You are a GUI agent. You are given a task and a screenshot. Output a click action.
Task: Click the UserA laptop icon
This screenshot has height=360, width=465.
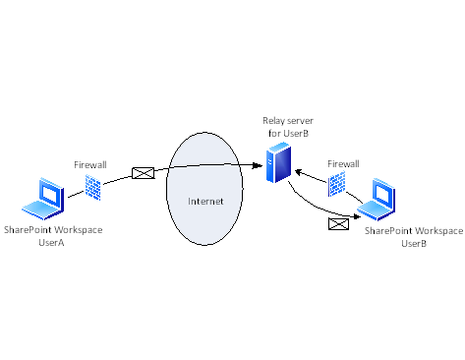(x=43, y=199)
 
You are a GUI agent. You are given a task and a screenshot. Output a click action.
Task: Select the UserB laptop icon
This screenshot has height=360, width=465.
(x=377, y=200)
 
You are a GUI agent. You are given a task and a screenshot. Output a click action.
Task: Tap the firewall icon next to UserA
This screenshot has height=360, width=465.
(x=93, y=187)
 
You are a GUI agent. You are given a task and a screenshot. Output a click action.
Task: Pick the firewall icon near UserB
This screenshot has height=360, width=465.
(x=336, y=185)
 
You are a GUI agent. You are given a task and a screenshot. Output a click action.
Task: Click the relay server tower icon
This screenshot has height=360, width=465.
(x=278, y=162)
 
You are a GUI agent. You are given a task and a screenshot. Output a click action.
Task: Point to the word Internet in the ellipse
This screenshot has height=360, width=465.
(x=205, y=201)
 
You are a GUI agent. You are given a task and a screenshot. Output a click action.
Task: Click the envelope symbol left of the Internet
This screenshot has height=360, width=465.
(x=144, y=173)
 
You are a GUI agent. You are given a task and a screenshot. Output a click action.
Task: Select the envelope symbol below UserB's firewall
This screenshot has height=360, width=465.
(x=338, y=224)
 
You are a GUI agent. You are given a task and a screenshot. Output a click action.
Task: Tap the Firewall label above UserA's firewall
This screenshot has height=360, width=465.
(x=90, y=164)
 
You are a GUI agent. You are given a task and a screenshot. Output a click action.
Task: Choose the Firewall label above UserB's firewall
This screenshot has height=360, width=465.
(x=343, y=163)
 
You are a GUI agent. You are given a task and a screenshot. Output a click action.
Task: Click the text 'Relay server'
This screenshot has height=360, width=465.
(x=288, y=121)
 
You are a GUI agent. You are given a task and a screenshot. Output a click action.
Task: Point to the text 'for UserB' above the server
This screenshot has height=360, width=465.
(x=288, y=133)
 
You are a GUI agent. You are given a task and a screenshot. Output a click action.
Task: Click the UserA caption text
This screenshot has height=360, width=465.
(x=51, y=243)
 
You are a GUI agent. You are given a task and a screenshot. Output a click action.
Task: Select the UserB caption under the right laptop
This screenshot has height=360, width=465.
(x=414, y=244)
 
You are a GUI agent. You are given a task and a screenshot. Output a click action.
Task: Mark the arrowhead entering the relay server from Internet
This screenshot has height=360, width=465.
(x=258, y=165)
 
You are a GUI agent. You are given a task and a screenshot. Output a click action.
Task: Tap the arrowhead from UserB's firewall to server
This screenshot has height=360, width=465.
(x=299, y=172)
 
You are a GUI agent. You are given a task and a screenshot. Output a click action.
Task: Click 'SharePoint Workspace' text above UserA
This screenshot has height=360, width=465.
(x=53, y=230)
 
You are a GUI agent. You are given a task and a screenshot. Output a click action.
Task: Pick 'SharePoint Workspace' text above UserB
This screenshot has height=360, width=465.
(x=414, y=231)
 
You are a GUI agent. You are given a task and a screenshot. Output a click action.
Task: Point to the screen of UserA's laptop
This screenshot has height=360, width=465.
(x=50, y=195)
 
